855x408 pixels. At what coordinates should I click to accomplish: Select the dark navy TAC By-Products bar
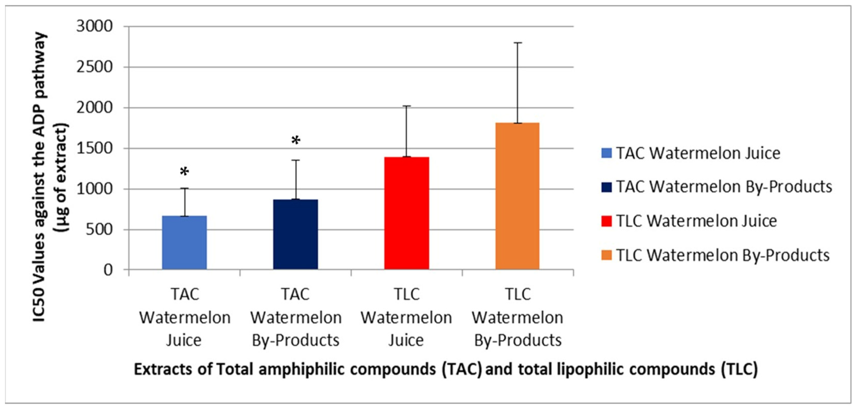pyautogui.click(x=295, y=234)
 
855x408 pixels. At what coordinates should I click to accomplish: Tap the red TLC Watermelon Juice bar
pyautogui.click(x=407, y=213)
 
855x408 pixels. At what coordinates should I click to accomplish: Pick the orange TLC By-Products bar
pyautogui.click(x=517, y=196)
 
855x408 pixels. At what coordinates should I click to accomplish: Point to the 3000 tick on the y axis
pyautogui.click(x=95, y=26)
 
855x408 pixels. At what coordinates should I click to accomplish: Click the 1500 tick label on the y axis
pyautogui.click(x=95, y=148)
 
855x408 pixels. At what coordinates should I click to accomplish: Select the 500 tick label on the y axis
pyautogui.click(x=99, y=229)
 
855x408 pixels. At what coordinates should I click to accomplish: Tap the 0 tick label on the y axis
pyautogui.click(x=108, y=270)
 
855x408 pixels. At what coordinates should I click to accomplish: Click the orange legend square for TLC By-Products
pyautogui.click(x=607, y=255)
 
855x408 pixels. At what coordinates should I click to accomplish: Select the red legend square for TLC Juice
pyautogui.click(x=607, y=221)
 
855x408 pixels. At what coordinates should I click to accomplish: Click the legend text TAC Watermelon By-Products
pyautogui.click(x=724, y=187)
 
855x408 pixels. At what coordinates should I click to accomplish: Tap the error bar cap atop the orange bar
pyautogui.click(x=517, y=43)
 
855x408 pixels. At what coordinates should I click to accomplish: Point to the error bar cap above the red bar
pyautogui.click(x=407, y=106)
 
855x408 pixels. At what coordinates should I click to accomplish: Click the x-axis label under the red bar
pyautogui.click(x=407, y=317)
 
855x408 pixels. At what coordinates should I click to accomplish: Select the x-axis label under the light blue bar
pyautogui.click(x=184, y=317)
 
